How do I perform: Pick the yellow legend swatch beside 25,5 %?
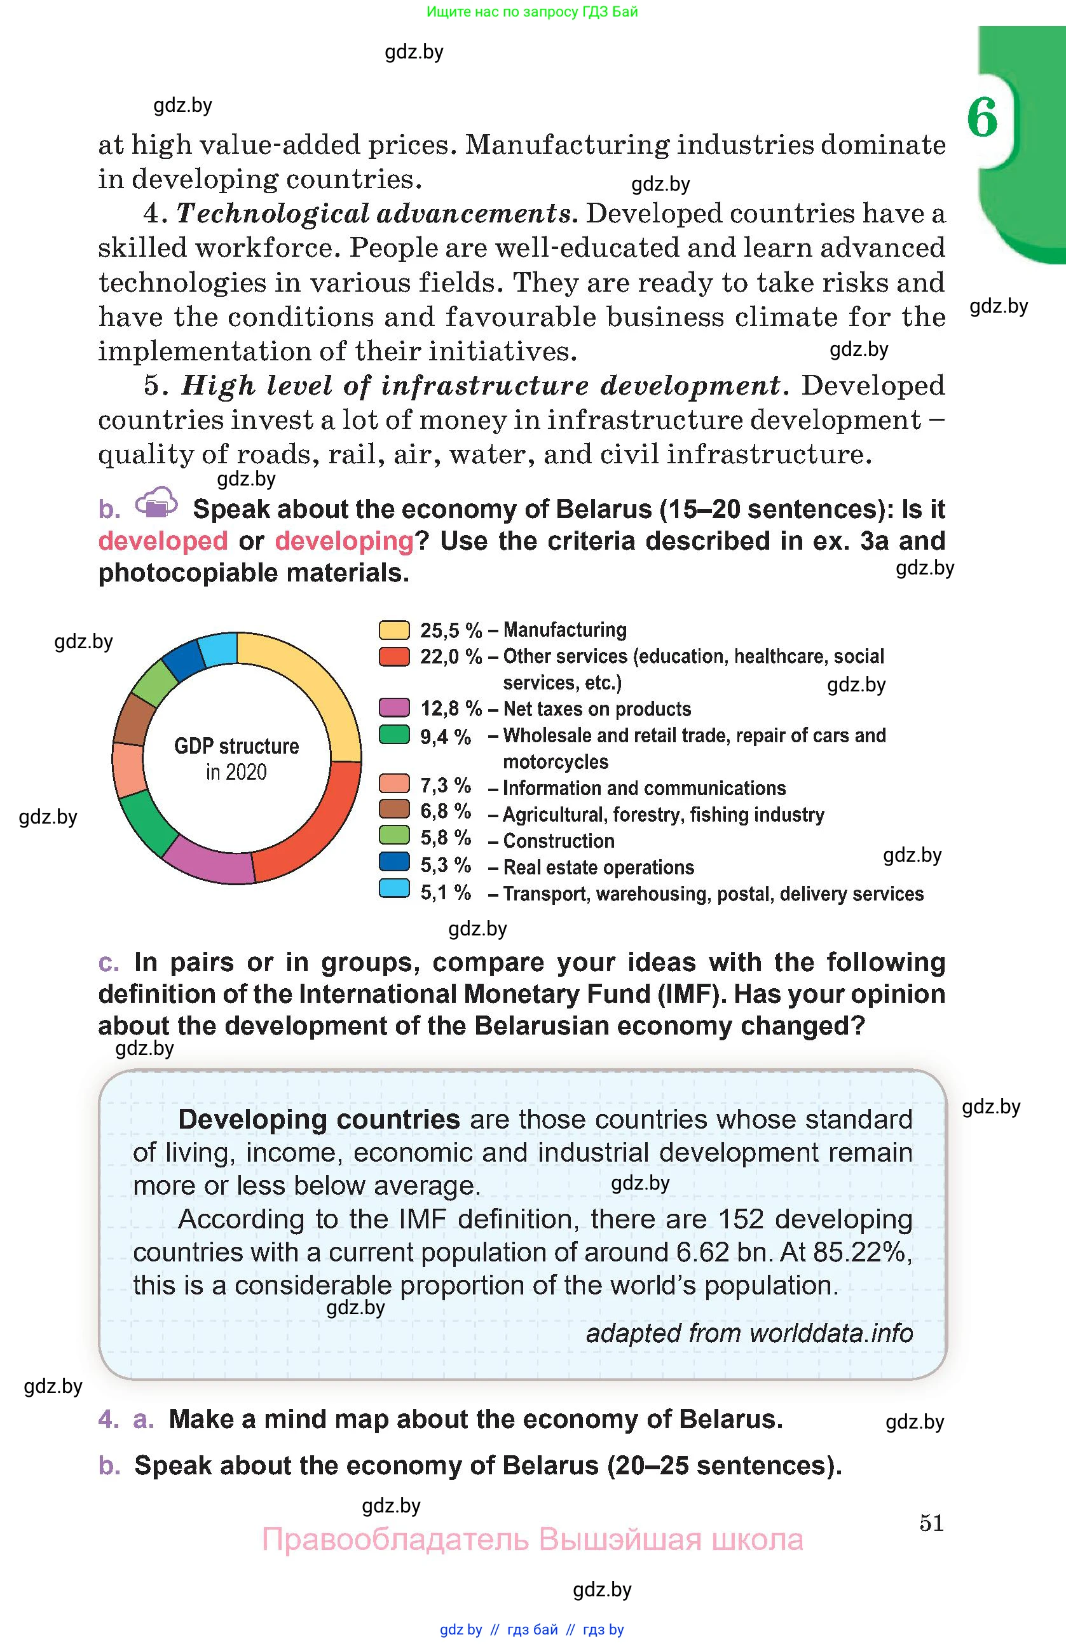(x=394, y=630)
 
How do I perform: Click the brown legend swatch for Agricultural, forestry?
(x=394, y=809)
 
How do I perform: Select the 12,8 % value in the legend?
(x=451, y=709)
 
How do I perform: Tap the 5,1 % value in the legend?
(x=446, y=892)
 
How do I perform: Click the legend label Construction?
(x=558, y=841)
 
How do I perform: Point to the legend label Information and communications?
(x=644, y=788)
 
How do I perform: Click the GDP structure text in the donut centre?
(x=236, y=747)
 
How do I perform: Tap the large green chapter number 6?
(x=982, y=118)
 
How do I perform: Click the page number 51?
(x=931, y=1523)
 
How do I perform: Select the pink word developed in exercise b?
(x=163, y=541)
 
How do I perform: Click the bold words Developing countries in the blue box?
(x=318, y=1119)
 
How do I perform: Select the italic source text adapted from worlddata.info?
(x=749, y=1333)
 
